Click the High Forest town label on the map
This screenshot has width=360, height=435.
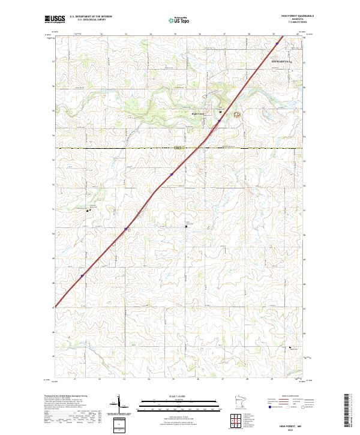(198, 113)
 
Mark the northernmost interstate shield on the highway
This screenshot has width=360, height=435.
(277, 43)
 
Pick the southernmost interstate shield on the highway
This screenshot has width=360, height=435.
(82, 276)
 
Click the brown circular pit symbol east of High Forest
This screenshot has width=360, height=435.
(236, 115)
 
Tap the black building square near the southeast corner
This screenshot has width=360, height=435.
(291, 347)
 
